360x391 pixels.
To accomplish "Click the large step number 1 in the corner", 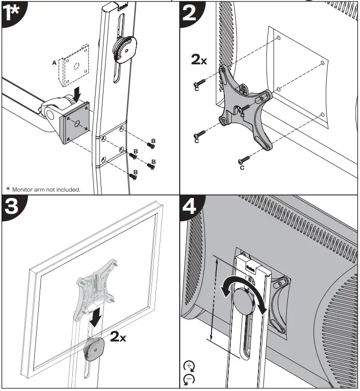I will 10,14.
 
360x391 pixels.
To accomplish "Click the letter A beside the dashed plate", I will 54,63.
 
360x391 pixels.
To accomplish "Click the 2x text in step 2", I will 200,60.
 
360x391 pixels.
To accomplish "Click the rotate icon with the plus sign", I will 189,367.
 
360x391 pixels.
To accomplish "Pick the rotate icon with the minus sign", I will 189,380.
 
